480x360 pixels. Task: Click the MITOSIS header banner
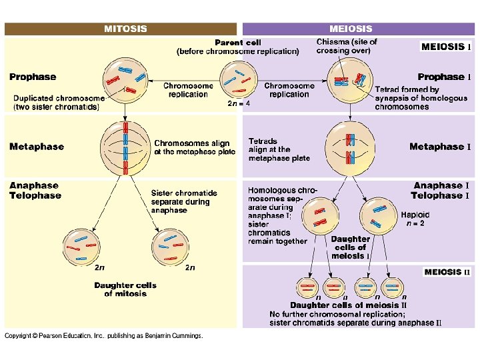121,29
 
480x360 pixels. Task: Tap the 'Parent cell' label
237,43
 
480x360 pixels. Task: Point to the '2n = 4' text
239,103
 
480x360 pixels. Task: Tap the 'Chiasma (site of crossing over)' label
347,46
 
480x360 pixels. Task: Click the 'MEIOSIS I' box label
446,47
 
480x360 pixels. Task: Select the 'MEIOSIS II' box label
447,272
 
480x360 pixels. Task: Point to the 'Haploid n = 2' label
415,219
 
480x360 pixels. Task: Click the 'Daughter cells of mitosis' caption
125,289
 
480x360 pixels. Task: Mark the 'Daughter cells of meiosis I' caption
350,247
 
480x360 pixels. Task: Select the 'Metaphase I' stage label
439,147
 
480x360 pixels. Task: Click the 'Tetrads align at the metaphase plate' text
279,150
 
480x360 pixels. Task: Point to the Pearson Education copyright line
104,336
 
